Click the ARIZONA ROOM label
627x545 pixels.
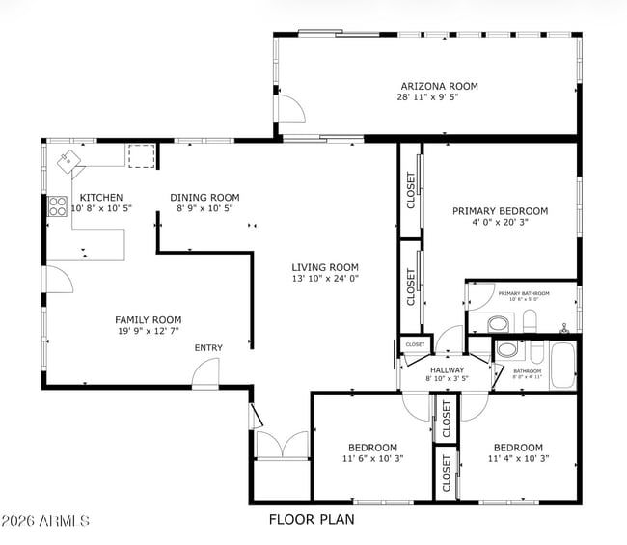click(437, 86)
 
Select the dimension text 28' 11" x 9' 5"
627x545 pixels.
click(437, 97)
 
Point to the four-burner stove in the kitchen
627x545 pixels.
click(56, 206)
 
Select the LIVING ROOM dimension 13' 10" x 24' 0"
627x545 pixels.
click(325, 279)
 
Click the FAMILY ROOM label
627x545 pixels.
click(148, 320)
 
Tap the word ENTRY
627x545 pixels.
click(208, 348)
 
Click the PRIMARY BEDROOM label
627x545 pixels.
click(500, 211)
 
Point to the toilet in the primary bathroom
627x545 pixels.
click(499, 323)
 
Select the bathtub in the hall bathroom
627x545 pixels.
click(563, 368)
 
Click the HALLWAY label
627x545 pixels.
click(448, 369)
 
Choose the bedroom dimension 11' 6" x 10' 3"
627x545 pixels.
click(372, 458)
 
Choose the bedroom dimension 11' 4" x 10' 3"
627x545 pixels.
click(517, 458)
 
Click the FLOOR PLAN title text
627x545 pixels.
click(311, 519)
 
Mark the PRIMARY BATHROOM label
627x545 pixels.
click(523, 292)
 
